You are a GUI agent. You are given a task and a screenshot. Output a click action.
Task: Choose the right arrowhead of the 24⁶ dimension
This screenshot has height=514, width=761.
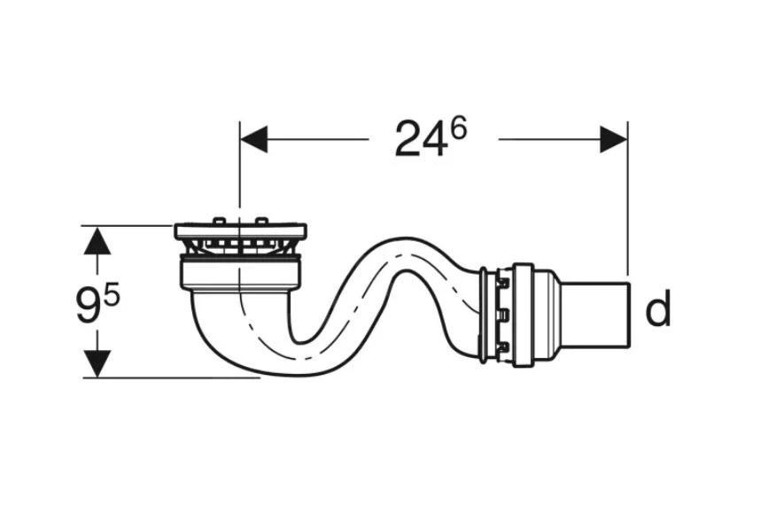click(x=613, y=139)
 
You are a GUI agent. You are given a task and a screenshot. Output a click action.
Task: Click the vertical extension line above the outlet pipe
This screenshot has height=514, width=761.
click(x=627, y=204)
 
